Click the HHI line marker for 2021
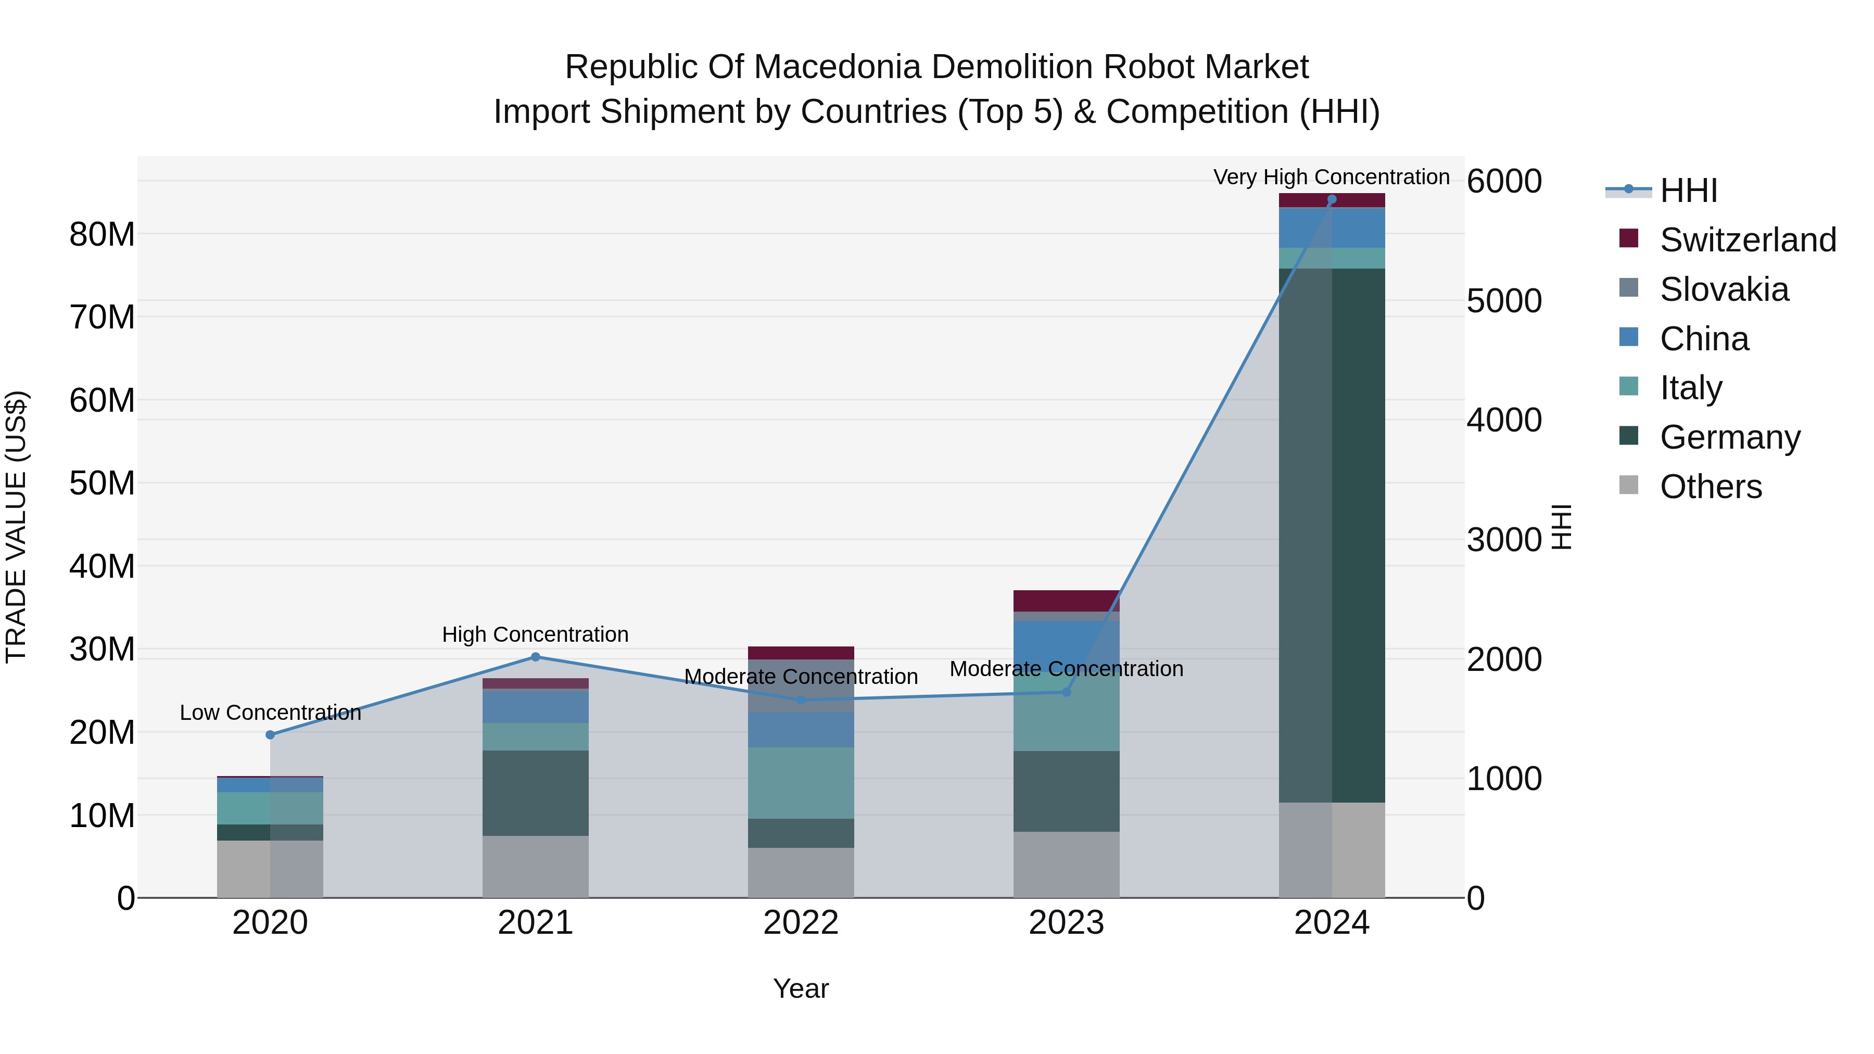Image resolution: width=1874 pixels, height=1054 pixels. tap(536, 657)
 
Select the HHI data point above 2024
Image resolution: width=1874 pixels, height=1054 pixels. tap(1331, 199)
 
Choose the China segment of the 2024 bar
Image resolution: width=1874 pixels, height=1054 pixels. tap(1331, 227)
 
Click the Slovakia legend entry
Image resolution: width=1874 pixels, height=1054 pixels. tap(1724, 289)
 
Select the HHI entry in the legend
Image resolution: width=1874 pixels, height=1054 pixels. tap(1688, 191)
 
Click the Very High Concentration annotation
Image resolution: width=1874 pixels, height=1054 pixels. tap(1331, 177)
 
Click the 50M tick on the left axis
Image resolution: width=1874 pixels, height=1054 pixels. tap(102, 483)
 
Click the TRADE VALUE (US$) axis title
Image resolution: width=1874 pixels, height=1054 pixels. tap(16, 527)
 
